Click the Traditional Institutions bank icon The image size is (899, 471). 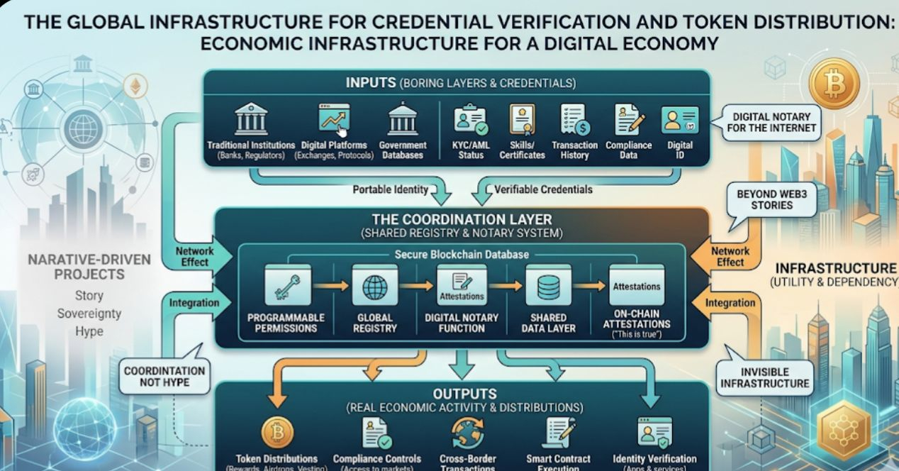(x=251, y=118)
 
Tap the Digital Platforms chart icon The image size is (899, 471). (x=333, y=119)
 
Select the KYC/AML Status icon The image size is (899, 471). (x=471, y=119)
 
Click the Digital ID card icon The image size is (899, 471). (x=680, y=120)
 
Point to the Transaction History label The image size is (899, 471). (x=575, y=150)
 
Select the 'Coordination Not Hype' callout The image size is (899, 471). (x=164, y=377)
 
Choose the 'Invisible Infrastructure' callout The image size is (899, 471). (x=764, y=377)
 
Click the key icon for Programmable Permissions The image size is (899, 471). (x=288, y=286)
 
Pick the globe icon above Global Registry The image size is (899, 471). (x=375, y=287)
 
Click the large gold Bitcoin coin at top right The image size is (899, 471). (x=834, y=84)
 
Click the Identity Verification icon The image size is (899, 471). (x=654, y=432)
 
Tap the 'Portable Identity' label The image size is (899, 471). (x=391, y=189)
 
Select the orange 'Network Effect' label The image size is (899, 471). (x=730, y=256)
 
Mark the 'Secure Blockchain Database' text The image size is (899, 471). (x=461, y=254)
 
